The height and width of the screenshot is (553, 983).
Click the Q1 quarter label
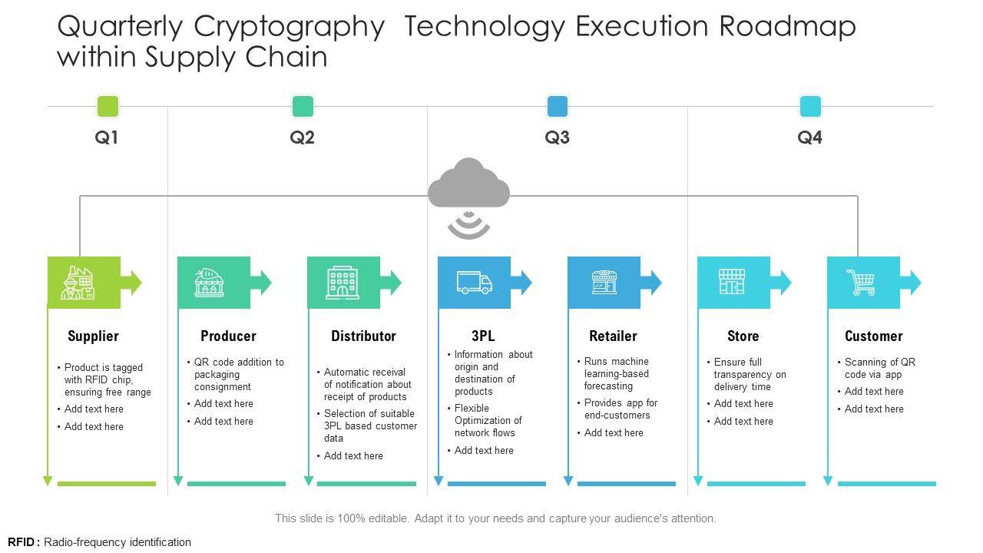click(107, 138)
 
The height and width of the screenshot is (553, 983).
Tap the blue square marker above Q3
click(558, 106)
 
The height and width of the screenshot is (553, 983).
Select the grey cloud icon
click(468, 184)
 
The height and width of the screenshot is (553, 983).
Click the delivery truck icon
click(474, 283)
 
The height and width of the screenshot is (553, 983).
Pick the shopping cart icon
click(861, 283)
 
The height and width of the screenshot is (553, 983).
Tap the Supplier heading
click(93, 336)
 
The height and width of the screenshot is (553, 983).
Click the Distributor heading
click(363, 336)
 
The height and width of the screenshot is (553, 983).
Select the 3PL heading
click(483, 336)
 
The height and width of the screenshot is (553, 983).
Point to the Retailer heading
click(613, 336)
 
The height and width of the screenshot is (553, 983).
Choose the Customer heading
click(873, 336)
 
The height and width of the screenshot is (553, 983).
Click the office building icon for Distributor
click(343, 283)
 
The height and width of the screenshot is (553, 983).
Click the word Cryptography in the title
click(289, 27)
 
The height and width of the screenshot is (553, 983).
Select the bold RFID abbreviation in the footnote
click(22, 542)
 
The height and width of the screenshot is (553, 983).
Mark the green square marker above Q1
click(108, 106)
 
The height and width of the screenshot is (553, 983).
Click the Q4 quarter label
click(809, 138)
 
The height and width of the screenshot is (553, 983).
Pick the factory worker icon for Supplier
click(78, 283)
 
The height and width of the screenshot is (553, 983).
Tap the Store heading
click(743, 336)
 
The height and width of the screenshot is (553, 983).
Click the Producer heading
click(228, 336)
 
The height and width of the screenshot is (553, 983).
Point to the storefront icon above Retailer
click(604, 283)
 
